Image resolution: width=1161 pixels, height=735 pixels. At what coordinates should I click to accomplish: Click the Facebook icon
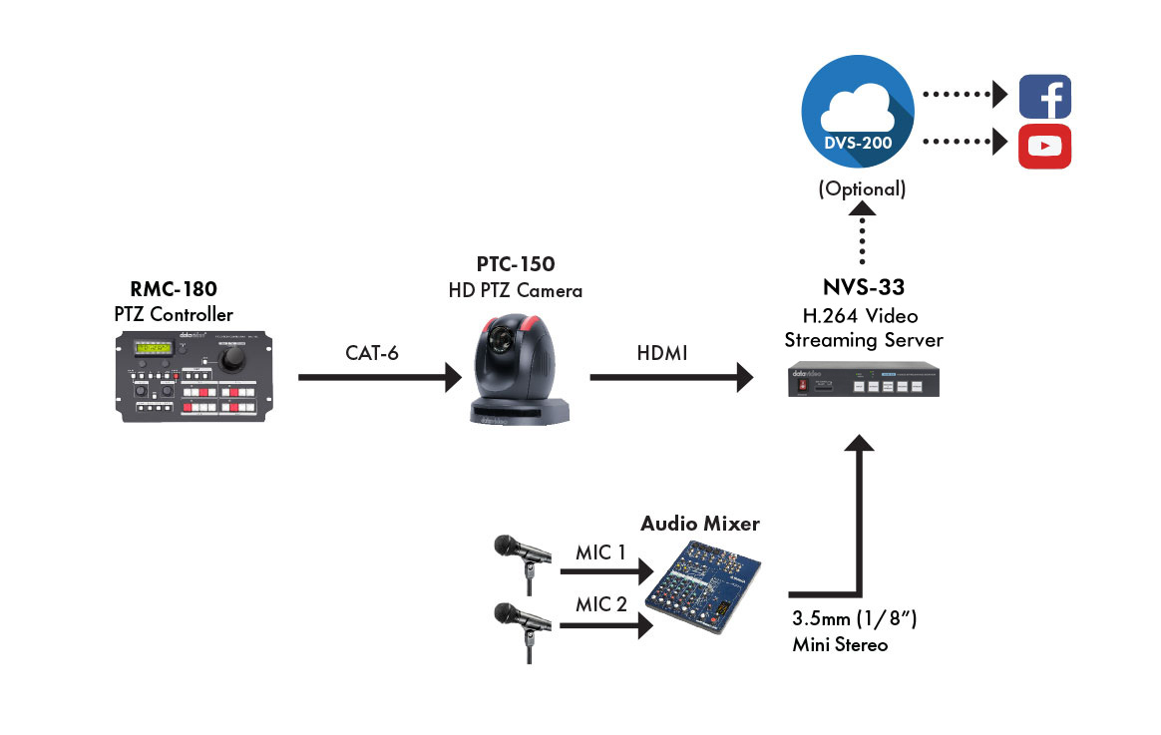[1044, 96]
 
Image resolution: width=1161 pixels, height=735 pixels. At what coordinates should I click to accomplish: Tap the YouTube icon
[1044, 146]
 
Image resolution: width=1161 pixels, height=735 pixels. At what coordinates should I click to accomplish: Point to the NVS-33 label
[863, 288]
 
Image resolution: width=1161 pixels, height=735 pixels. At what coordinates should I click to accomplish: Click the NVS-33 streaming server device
[863, 383]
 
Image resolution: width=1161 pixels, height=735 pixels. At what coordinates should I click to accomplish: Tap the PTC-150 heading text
[516, 265]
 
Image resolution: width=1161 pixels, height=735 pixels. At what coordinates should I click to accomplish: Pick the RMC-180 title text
[174, 290]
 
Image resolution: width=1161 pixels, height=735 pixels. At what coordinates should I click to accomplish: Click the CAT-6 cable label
[372, 354]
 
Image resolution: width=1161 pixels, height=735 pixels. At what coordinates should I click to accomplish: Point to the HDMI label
[659, 354]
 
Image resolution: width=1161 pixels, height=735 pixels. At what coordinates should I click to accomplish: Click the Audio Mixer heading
[699, 523]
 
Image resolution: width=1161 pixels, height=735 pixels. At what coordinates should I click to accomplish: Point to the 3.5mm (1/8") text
[854, 621]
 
